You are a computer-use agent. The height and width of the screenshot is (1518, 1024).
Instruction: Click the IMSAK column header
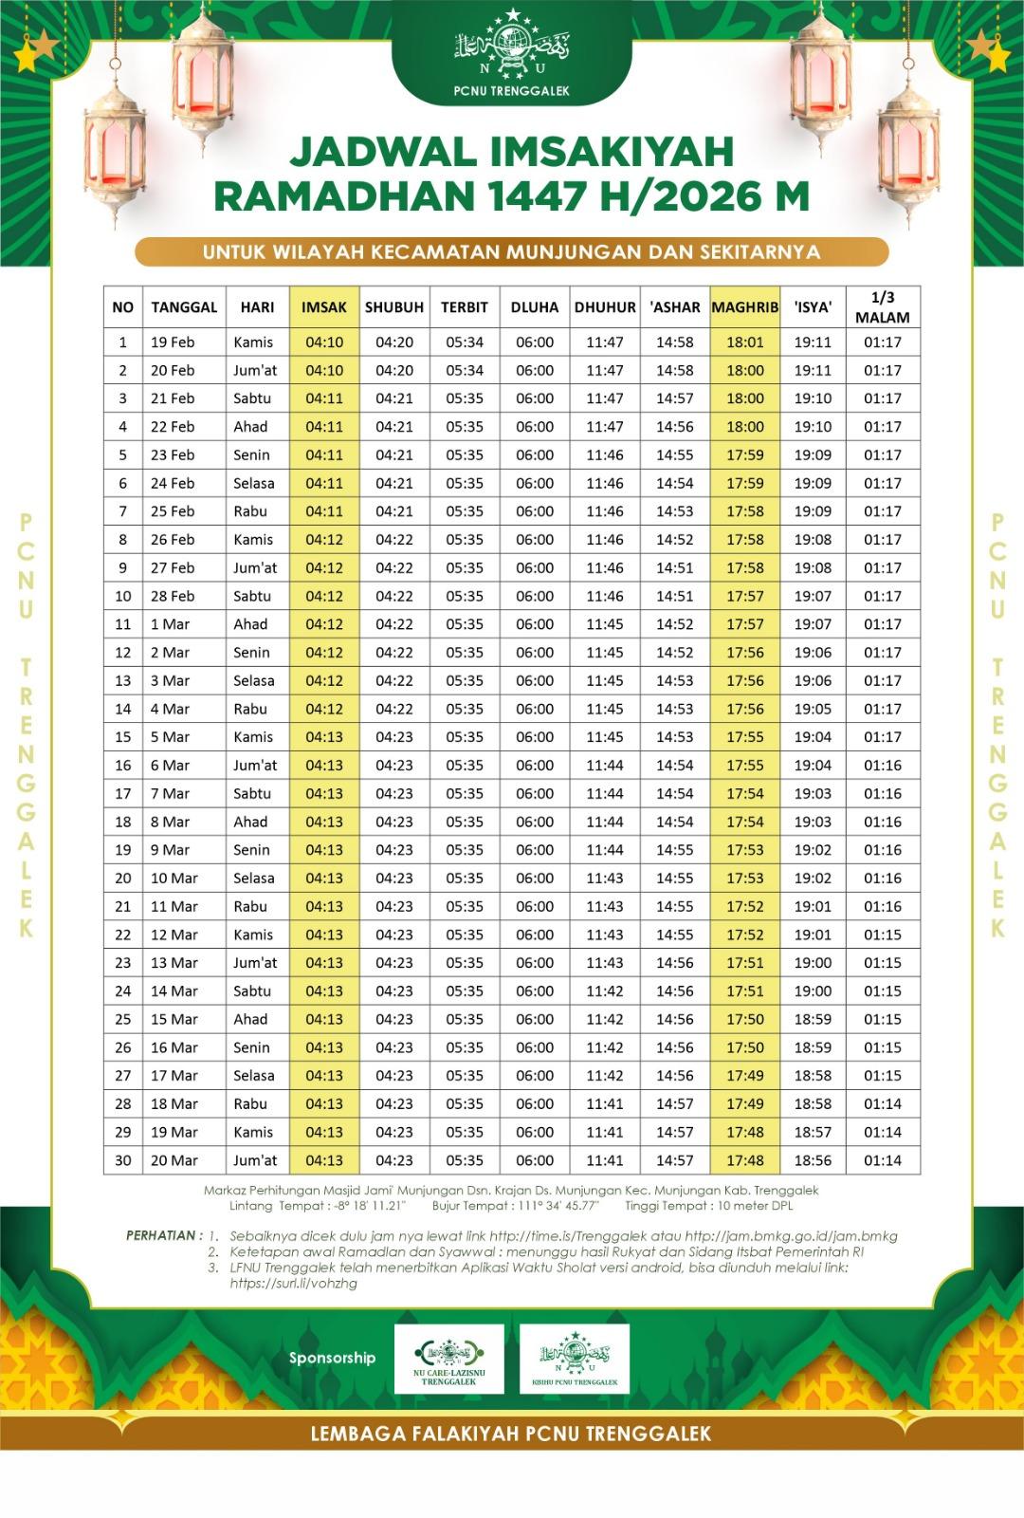pyautogui.click(x=324, y=307)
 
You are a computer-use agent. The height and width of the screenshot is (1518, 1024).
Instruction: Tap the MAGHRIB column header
pyautogui.click(x=744, y=307)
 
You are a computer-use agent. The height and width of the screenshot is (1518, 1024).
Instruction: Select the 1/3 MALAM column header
pyautogui.click(x=882, y=307)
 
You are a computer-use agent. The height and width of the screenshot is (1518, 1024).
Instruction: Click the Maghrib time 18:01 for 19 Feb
pyautogui.click(x=745, y=342)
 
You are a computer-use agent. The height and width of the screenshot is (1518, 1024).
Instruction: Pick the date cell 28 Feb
pyautogui.click(x=173, y=597)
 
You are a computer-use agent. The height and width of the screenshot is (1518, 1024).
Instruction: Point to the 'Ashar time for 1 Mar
pyautogui.click(x=674, y=624)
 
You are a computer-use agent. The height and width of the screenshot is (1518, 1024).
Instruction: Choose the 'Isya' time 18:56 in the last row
pyautogui.click(x=813, y=1160)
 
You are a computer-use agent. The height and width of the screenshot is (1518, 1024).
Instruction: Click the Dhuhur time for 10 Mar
pyautogui.click(x=605, y=879)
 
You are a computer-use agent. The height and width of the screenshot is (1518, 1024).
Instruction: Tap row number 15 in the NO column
pyautogui.click(x=123, y=737)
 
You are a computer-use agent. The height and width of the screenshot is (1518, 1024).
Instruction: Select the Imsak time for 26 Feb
pyautogui.click(x=324, y=540)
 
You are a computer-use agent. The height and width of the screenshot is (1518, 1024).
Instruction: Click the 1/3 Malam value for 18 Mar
pyautogui.click(x=882, y=1104)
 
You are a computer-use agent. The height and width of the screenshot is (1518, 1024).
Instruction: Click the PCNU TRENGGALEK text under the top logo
pyautogui.click(x=512, y=91)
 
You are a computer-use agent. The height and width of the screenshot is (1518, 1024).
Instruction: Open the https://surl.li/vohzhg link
pyautogui.click(x=294, y=1284)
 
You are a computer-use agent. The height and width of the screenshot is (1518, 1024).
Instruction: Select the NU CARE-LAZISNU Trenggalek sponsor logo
pyautogui.click(x=449, y=1359)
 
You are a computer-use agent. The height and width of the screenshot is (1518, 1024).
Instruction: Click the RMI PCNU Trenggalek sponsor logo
pyautogui.click(x=575, y=1359)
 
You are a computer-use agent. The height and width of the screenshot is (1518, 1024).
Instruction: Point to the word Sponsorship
pyautogui.click(x=332, y=1358)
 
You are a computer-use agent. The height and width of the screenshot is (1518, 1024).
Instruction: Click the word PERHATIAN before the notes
pyautogui.click(x=161, y=1235)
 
